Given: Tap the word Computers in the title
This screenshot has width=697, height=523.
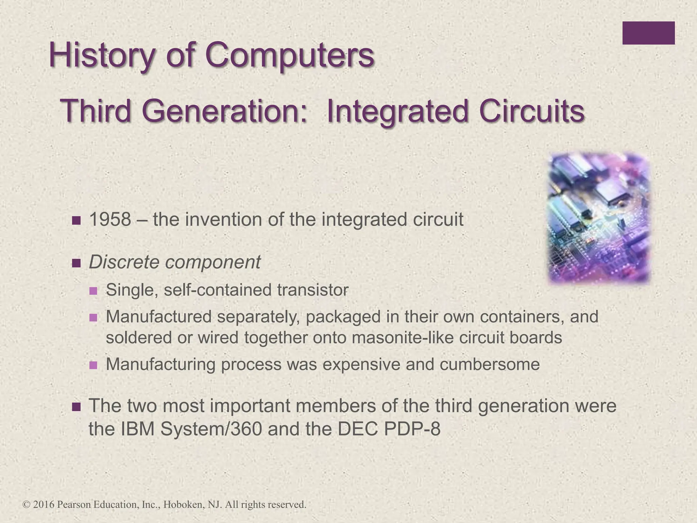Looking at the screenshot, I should click(289, 56).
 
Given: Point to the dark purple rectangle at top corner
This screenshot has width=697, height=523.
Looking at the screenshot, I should click(648, 33).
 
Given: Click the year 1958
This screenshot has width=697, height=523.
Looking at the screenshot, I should click(110, 220).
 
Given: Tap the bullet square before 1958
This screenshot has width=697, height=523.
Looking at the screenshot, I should click(77, 221).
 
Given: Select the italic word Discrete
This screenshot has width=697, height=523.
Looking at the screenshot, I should click(124, 262).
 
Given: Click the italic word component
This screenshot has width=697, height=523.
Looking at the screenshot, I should click(213, 263).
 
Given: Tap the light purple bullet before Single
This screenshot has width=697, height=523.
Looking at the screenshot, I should click(93, 291).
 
